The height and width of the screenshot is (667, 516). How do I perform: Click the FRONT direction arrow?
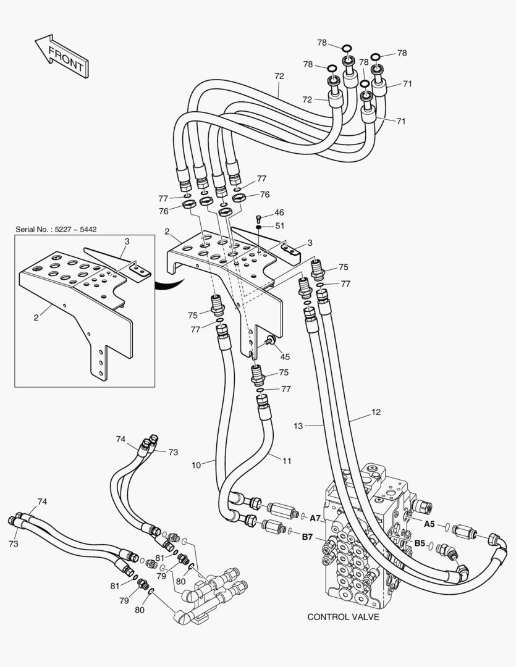point(60,57)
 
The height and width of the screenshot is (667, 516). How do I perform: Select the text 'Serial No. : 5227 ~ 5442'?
point(56,229)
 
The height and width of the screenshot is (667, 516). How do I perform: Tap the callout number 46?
point(279,212)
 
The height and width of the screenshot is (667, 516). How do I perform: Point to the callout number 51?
point(279,225)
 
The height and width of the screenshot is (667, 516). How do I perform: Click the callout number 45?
point(284,356)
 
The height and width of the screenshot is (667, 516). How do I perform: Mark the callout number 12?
point(376,412)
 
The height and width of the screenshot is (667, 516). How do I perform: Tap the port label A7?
point(315,518)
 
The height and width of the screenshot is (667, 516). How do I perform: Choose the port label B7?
point(308,537)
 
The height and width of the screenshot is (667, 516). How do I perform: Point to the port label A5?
point(429,524)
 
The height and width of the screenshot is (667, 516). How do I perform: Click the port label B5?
point(420,543)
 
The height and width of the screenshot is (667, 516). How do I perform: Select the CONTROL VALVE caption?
point(343,616)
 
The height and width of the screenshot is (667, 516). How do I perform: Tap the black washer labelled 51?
point(258,227)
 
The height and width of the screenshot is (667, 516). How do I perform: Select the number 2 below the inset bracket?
point(36,317)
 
